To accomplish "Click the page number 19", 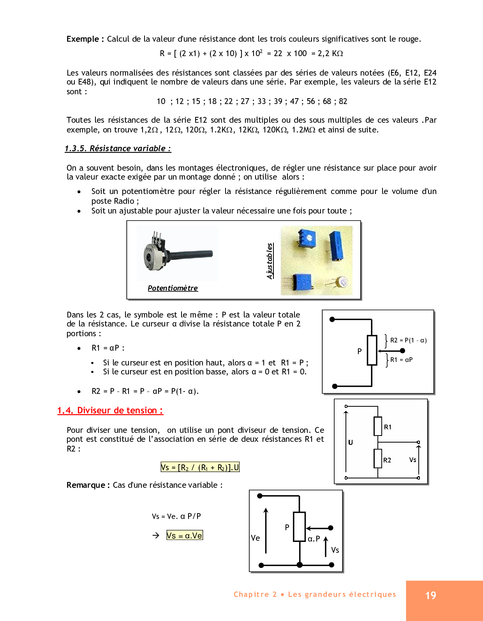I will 430,595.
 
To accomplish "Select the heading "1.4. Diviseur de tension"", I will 110,410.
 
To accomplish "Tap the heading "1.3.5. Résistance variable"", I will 118,148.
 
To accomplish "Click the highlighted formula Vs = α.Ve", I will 185,535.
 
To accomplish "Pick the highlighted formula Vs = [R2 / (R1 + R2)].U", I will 200,467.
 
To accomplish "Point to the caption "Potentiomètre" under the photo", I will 173,288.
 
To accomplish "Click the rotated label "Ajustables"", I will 270,261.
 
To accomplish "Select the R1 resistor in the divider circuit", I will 378,426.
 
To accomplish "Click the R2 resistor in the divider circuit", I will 378,459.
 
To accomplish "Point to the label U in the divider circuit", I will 351,442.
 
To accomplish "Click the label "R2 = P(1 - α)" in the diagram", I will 408,340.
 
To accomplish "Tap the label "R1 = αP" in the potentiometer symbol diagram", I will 401,360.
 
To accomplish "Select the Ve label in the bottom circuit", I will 256,538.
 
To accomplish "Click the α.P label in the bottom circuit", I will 314,539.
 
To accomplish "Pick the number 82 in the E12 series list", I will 343,101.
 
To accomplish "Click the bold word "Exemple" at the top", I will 83,39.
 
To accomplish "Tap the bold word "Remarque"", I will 86,485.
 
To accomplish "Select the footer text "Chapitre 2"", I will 255,594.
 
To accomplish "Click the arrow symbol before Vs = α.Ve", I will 156,535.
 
